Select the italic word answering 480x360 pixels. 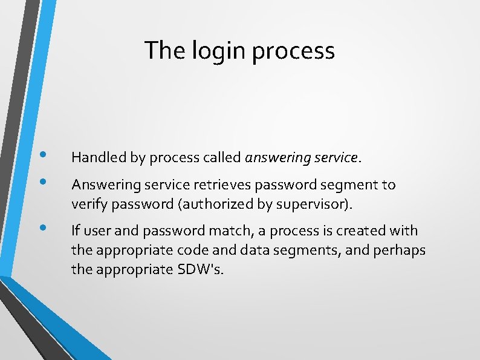pyautogui.click(x=275, y=159)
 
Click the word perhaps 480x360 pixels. pyautogui.click(x=402, y=250)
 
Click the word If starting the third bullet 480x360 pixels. pyautogui.click(x=76, y=231)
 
